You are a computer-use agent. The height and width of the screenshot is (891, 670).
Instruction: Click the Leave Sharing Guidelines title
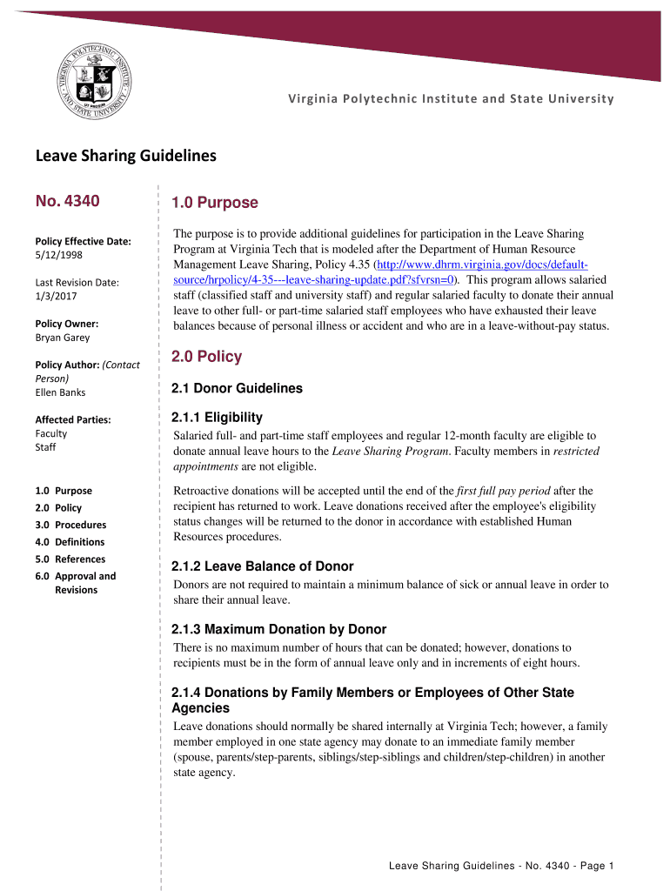coord(125,157)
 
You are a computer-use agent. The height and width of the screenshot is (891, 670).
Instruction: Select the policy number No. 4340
coord(67,202)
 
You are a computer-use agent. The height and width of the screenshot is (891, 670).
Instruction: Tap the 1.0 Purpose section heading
coord(215,203)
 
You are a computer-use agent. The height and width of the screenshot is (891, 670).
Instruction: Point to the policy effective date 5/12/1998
coord(60,255)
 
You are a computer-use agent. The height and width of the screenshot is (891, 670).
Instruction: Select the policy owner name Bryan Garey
coord(62,338)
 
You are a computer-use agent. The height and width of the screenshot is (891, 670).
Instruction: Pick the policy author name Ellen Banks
coord(60,392)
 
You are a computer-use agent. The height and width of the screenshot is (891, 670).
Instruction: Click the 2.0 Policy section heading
coord(207,357)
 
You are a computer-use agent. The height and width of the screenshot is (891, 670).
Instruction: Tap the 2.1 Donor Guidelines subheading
coord(238,388)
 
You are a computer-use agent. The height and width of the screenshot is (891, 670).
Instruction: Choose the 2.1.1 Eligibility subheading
coord(217,418)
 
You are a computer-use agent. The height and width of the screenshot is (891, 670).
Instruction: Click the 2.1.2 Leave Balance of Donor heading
coord(263,566)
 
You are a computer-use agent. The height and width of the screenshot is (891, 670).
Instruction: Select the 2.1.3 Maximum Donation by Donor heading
coord(279,629)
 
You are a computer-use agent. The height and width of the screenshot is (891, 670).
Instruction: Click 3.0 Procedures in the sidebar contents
coord(70,525)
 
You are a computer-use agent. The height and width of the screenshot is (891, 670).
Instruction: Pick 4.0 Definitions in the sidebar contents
coord(70,542)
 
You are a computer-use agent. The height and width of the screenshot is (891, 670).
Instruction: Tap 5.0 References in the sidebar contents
coord(70,559)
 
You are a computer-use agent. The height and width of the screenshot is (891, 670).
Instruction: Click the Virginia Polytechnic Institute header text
coord(451,98)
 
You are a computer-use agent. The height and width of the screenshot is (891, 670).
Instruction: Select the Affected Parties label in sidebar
coord(73,419)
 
